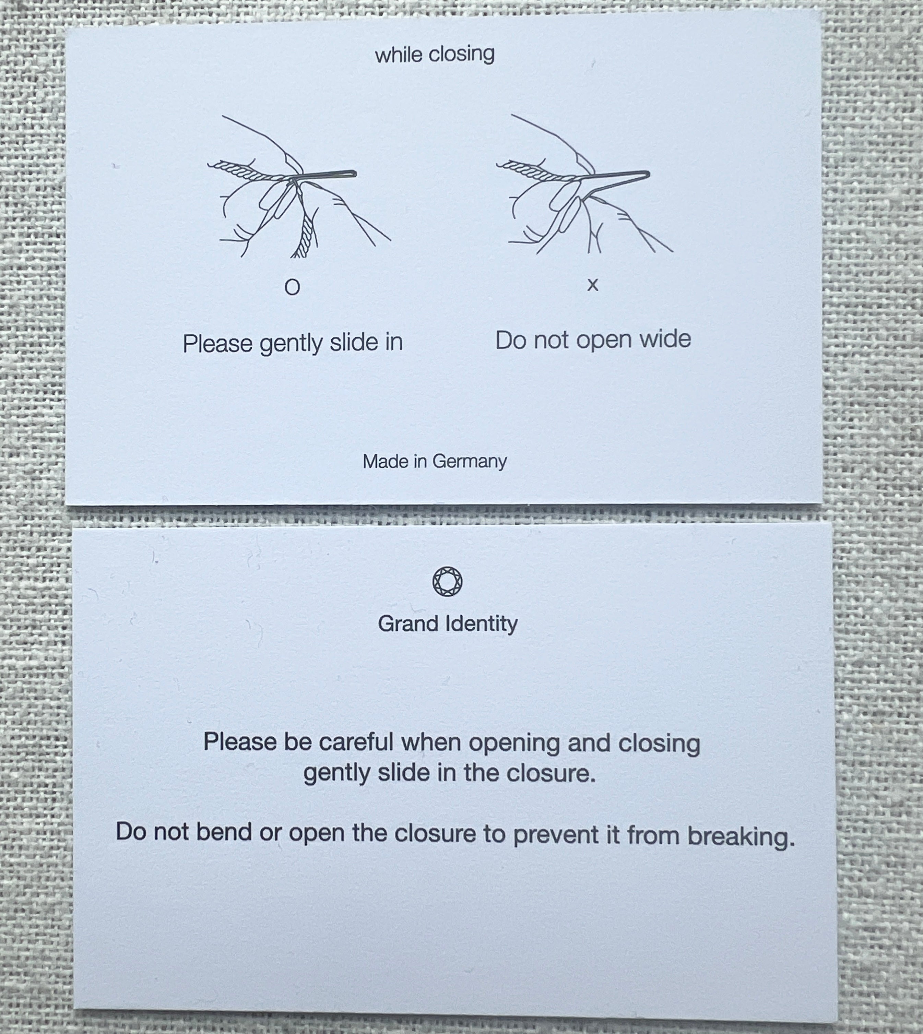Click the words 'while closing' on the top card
[x=435, y=54]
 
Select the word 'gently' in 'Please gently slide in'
[x=292, y=344]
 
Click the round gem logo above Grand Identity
[x=447, y=582]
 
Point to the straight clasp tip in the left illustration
[x=354, y=174]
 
